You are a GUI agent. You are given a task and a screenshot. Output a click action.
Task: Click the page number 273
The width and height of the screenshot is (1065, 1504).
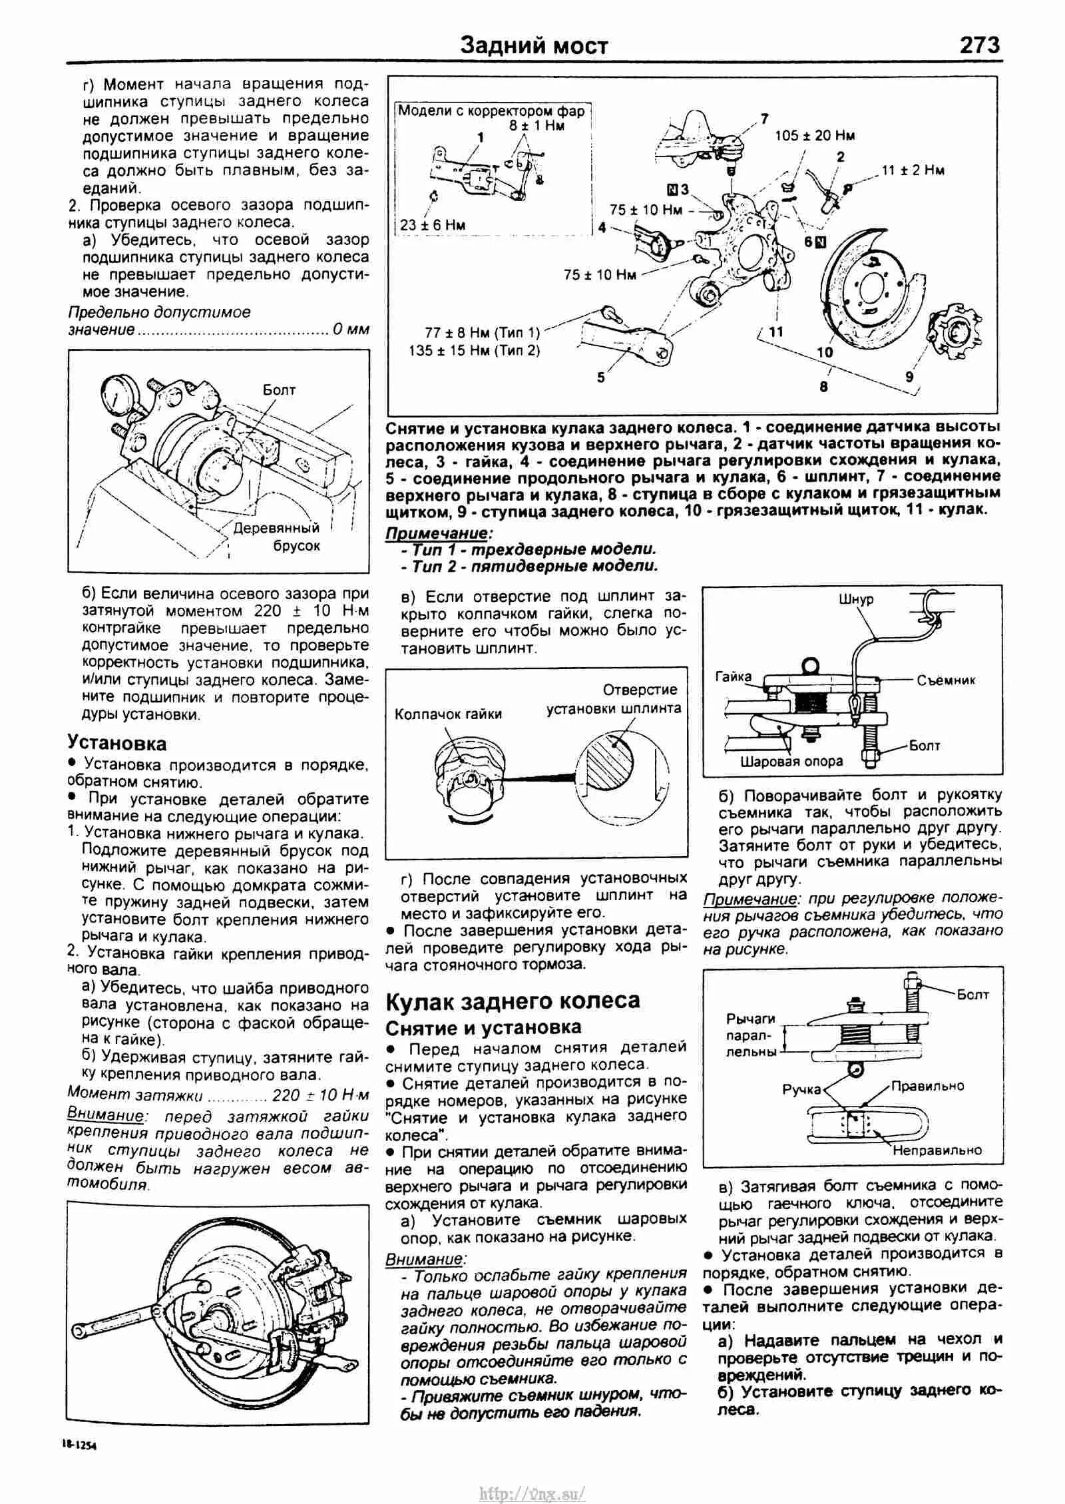(x=979, y=45)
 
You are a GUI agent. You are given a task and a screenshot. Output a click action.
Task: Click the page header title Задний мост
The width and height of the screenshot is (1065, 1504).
(x=534, y=46)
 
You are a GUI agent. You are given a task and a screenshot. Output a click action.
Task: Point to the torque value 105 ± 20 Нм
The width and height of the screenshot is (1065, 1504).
(x=815, y=136)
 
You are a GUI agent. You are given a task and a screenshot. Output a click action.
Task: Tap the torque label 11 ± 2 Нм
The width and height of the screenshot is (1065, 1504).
(x=913, y=170)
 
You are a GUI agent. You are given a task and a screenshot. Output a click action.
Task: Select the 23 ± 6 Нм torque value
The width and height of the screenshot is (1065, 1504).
(x=433, y=225)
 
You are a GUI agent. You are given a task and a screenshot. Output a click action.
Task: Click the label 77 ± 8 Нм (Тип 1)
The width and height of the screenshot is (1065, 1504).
(x=483, y=332)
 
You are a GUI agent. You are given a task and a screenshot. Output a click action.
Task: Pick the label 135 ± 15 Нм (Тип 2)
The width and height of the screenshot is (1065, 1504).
(x=475, y=350)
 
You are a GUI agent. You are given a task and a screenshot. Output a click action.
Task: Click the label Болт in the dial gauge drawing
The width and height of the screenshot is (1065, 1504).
(x=279, y=390)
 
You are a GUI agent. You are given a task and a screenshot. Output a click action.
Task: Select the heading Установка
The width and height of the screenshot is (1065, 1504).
(x=116, y=744)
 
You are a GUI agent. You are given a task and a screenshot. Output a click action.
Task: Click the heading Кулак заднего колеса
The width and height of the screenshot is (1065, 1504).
(x=513, y=1001)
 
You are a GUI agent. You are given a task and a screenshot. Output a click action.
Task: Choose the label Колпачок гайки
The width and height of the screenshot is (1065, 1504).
(x=448, y=714)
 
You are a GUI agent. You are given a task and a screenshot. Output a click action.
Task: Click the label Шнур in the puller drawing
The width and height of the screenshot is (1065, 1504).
(x=856, y=599)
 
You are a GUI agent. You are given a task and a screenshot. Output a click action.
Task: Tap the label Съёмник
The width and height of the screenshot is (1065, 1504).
(x=945, y=680)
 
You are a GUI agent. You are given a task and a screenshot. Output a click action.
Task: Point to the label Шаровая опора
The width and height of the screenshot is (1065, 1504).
(x=791, y=761)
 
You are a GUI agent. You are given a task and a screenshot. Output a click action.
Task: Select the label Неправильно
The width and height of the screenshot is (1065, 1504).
(x=937, y=1150)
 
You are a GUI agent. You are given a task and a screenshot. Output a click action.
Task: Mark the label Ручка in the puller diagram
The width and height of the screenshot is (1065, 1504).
(x=801, y=1090)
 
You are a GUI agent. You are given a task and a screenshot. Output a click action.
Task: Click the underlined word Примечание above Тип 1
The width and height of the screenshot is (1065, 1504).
(x=437, y=533)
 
